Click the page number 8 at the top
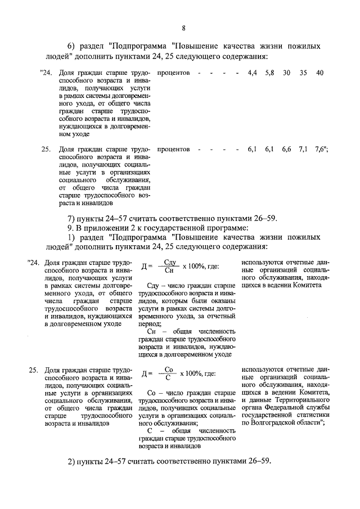(x=183, y=29)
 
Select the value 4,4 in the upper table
(x=252, y=74)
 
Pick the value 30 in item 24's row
(x=287, y=74)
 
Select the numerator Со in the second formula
(x=171, y=371)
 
